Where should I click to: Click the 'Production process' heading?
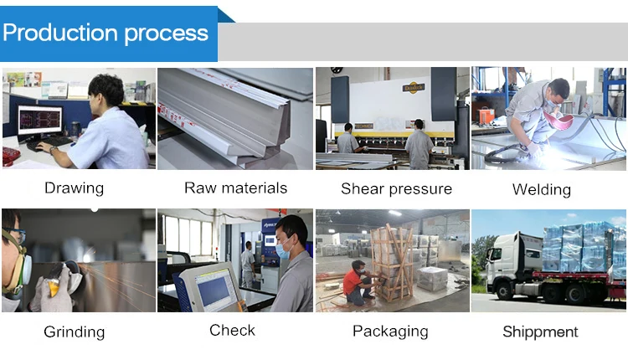(106, 33)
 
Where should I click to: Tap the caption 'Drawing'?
(75, 188)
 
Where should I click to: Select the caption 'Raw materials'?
(235, 188)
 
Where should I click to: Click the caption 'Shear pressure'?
(396, 188)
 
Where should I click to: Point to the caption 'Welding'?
(541, 189)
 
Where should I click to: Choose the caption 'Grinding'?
(75, 332)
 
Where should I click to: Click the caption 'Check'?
(232, 330)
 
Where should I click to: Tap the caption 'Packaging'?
(390, 331)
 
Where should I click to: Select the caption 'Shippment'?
(540, 332)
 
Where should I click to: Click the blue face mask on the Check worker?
(282, 248)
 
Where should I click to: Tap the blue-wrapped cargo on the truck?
(578, 247)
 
